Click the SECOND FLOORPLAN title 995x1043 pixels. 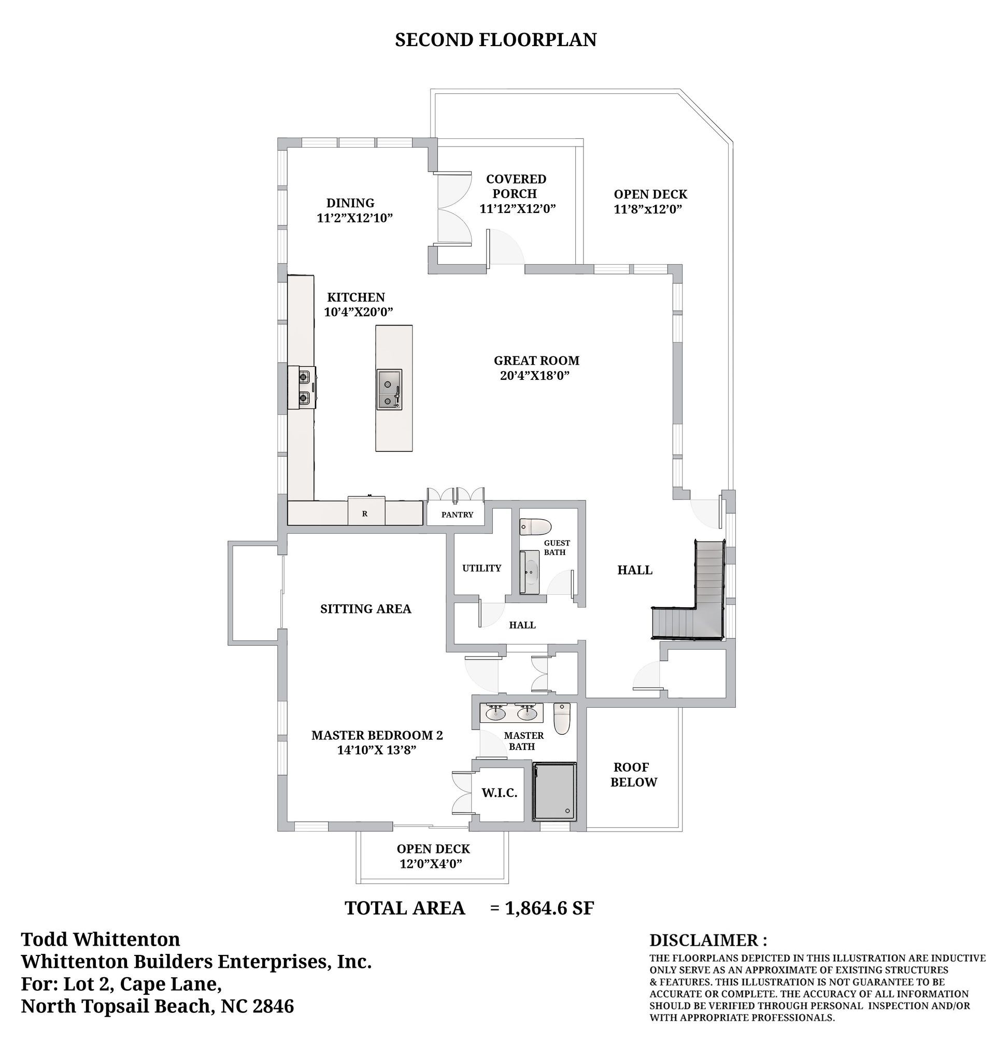495,40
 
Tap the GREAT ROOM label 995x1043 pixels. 536,361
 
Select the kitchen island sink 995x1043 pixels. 389,390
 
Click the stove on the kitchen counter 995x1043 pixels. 302,388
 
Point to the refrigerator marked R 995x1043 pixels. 366,512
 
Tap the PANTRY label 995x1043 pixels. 457,515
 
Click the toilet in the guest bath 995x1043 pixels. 536,527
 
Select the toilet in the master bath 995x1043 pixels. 562,719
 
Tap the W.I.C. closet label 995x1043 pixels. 499,793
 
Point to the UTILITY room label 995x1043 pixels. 481,568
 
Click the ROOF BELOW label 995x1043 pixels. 633,775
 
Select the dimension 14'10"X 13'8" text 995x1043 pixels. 377,750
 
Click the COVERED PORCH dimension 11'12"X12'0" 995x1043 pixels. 517,208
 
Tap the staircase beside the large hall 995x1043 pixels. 688,591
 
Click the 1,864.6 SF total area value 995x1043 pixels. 549,908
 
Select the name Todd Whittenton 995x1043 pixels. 101,939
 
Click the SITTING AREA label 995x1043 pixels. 365,609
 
